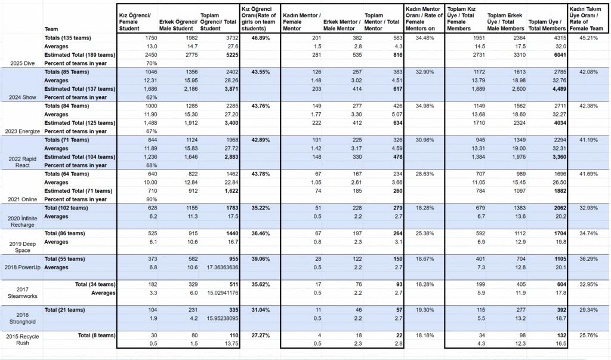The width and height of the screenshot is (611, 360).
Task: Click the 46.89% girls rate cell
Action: pyautogui.click(x=260, y=38)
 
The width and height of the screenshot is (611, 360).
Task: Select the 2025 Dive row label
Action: pyautogui.click(x=23, y=63)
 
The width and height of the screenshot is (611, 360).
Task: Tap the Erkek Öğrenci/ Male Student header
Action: pyautogui.click(x=178, y=25)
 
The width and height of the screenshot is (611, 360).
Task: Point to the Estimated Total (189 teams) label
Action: pyautogui.click(x=80, y=55)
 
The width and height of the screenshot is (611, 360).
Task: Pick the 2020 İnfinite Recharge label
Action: pyautogui.click(x=23, y=221)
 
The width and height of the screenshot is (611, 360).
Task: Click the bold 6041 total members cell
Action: pyautogui.click(x=560, y=55)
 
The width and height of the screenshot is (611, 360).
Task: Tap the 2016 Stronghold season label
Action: pyautogui.click(x=23, y=318)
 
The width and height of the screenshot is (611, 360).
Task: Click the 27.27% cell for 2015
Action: pyautogui.click(x=260, y=336)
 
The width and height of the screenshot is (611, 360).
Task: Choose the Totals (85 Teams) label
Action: pyautogui.click(x=67, y=72)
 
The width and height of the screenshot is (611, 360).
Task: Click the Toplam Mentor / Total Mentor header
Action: pyautogui.click(x=382, y=22)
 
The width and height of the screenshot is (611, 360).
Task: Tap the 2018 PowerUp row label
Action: pyautogui.click(x=23, y=267)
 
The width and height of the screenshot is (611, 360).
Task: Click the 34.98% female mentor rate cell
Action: pyautogui.click(x=424, y=106)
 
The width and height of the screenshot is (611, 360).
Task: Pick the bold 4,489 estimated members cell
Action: pyautogui.click(x=559, y=89)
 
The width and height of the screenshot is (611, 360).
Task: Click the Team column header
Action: pyautogui.click(x=51, y=29)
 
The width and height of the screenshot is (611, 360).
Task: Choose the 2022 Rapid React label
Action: pyautogui.click(x=23, y=162)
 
